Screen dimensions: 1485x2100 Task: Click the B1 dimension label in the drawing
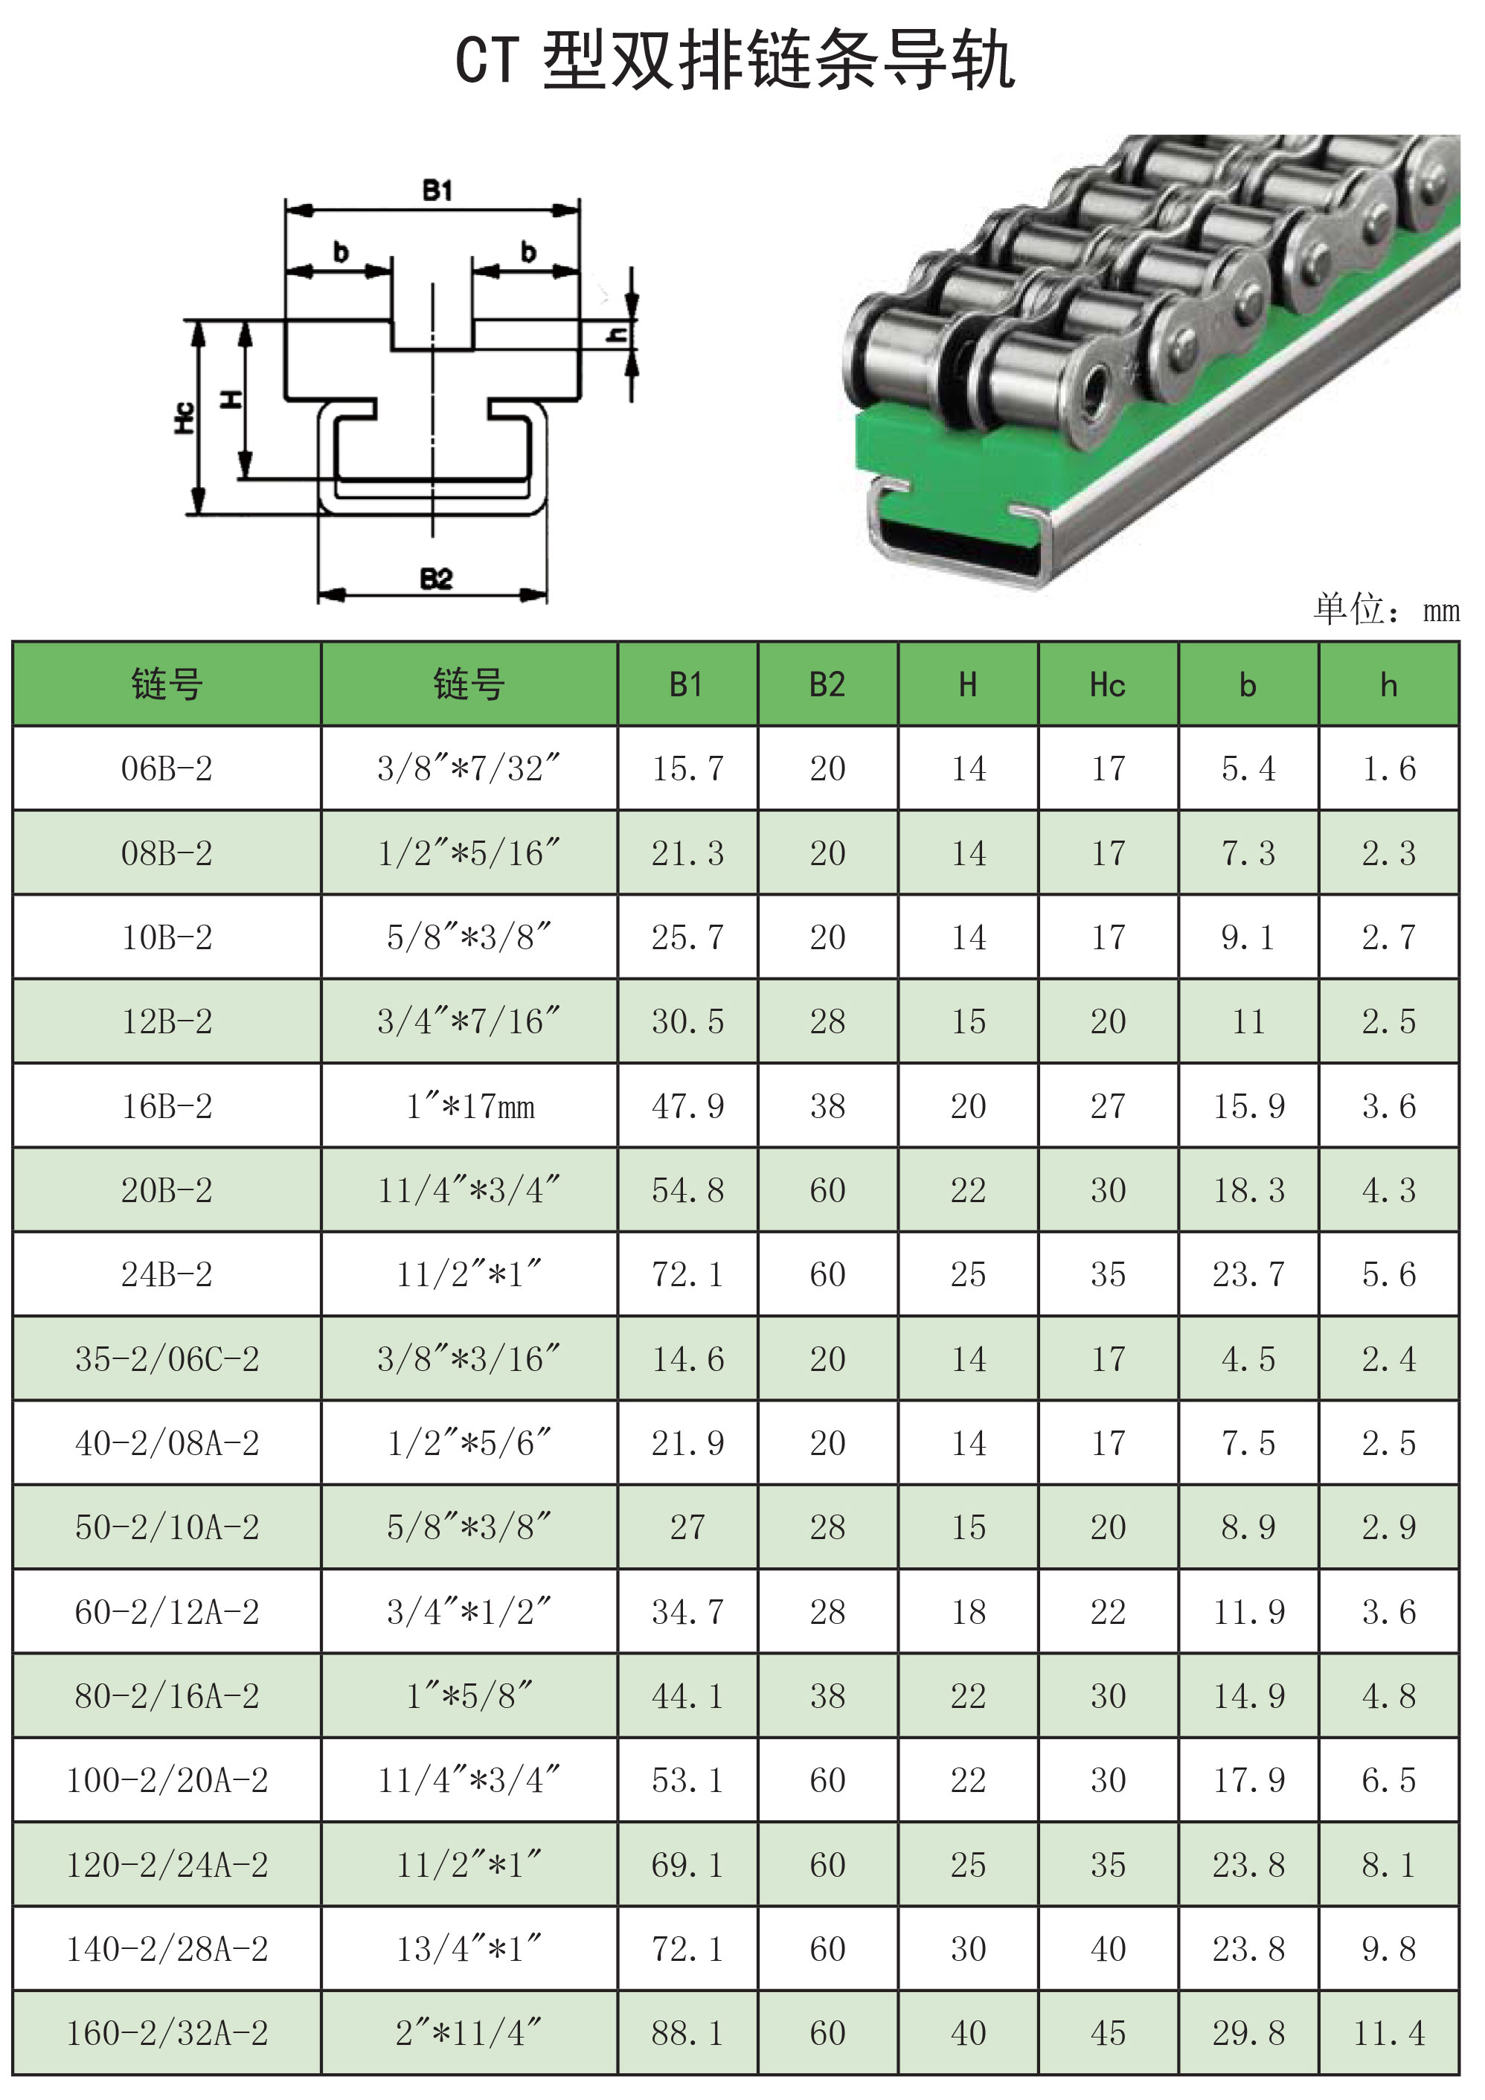437,190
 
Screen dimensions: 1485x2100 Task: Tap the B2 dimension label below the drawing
437,579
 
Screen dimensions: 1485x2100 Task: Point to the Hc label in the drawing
184,417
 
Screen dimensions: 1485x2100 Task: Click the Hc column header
1107,685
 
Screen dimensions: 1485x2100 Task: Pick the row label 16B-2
167,1106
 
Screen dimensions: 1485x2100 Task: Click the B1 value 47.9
687,1106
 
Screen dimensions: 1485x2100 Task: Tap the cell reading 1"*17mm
469,1106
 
